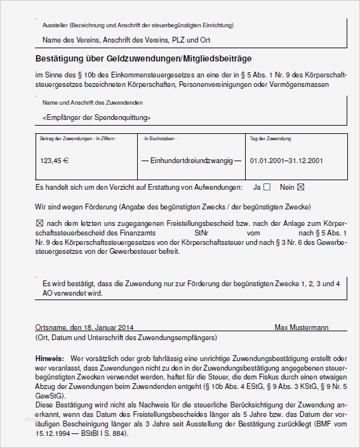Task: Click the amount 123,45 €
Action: (x=54, y=161)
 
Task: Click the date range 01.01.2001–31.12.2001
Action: (x=287, y=161)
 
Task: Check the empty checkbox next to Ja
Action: (x=267, y=187)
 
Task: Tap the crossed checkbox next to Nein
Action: (x=301, y=187)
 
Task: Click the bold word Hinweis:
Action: (x=50, y=359)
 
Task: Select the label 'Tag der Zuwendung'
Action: (x=270, y=138)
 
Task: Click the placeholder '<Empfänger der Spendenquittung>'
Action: (x=97, y=118)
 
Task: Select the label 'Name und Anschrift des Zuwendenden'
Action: (x=92, y=103)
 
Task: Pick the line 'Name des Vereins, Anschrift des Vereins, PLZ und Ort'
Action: (x=126, y=40)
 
